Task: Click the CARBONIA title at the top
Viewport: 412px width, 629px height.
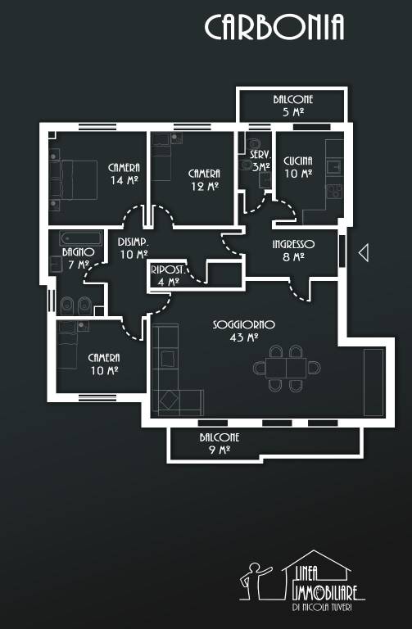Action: click(x=274, y=27)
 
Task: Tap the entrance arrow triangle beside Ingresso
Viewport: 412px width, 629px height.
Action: click(x=364, y=253)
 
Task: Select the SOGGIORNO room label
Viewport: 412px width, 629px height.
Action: click(x=243, y=324)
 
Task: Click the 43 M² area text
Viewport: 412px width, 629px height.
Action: click(x=243, y=337)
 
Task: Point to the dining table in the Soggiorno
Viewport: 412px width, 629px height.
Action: click(x=286, y=368)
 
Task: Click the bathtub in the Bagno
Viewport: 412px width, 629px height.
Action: click(x=80, y=238)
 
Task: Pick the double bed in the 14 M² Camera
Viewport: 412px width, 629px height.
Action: click(x=79, y=179)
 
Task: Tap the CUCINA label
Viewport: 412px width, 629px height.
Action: click(x=298, y=161)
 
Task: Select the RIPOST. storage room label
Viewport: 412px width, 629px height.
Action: click(x=167, y=270)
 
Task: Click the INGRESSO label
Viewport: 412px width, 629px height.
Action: click(x=293, y=244)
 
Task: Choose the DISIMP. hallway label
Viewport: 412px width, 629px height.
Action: click(x=134, y=242)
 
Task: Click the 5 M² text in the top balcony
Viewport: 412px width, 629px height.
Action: click(x=293, y=112)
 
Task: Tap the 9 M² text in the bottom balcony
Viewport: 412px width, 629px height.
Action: click(x=219, y=450)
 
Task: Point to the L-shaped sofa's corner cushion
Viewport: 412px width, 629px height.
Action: click(x=169, y=400)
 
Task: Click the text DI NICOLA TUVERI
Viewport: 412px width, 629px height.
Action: click(x=322, y=608)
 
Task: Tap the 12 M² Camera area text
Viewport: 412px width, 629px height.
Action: click(x=205, y=187)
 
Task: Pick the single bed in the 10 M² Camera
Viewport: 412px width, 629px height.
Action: click(x=67, y=345)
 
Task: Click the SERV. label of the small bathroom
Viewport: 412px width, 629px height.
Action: click(x=260, y=155)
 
